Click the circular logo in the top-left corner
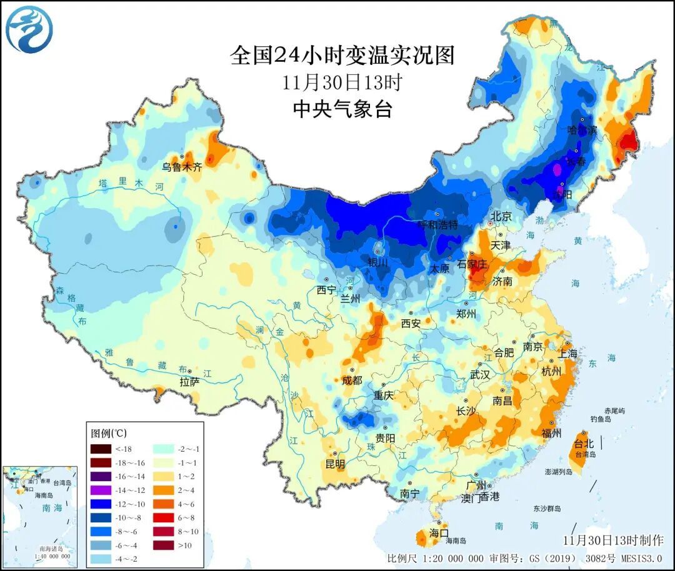point(29,29)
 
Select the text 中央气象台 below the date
point(342,109)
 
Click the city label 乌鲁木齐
point(182,167)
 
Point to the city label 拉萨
point(190,381)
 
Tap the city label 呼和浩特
point(437,224)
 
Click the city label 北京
point(501,216)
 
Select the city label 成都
point(351,380)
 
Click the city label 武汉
point(480,374)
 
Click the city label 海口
point(439,533)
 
